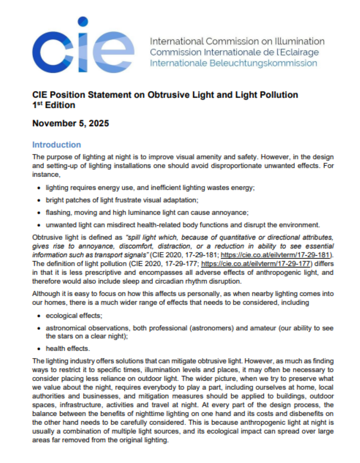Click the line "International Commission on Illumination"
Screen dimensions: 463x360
click(237, 41)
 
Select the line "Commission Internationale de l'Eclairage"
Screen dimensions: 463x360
click(234, 52)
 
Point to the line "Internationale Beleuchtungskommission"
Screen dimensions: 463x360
click(234, 63)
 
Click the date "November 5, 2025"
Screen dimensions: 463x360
click(70, 123)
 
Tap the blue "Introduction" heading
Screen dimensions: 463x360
click(56, 145)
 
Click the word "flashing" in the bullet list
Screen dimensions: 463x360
click(57, 211)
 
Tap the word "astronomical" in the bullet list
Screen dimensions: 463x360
click(66, 328)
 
